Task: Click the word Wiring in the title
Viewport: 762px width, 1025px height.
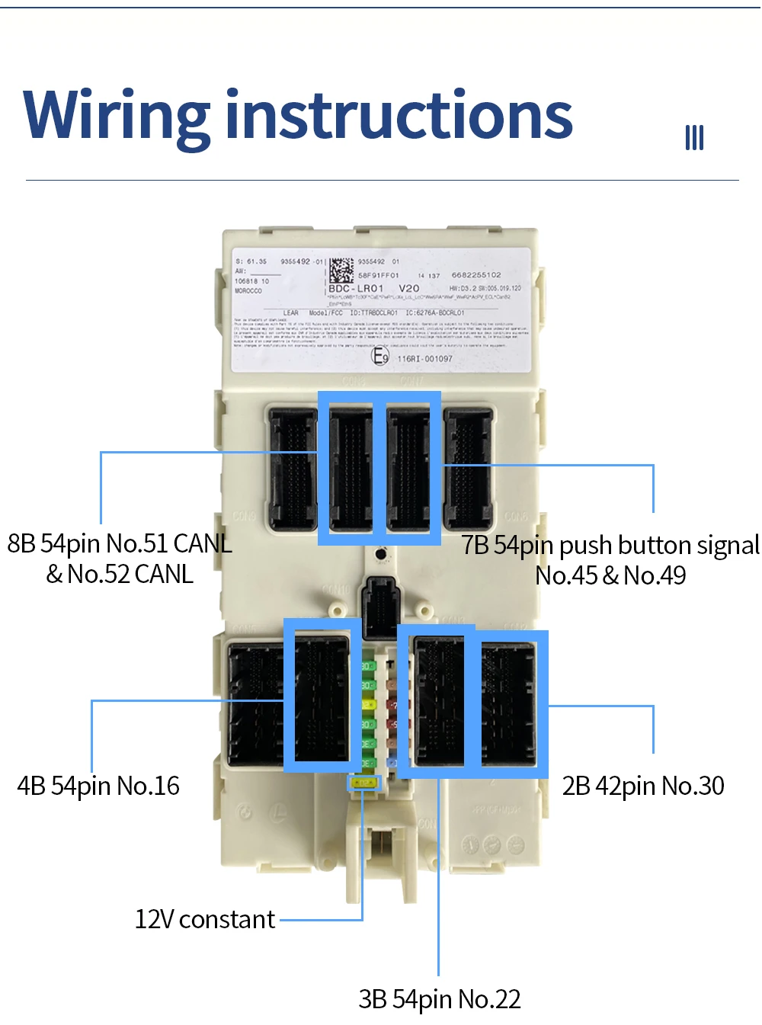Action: pos(117,116)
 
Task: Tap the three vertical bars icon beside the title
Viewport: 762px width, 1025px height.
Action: pos(693,138)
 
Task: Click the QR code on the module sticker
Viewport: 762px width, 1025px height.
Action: pos(341,271)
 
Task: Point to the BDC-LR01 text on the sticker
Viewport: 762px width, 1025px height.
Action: pos(356,289)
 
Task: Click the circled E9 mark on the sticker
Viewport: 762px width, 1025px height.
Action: pos(380,356)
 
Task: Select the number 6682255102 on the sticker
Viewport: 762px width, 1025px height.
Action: pos(476,275)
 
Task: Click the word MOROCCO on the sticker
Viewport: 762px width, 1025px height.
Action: pos(248,291)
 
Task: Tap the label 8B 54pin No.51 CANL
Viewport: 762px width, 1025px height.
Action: pos(120,543)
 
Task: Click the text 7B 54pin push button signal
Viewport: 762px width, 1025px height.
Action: pos(610,545)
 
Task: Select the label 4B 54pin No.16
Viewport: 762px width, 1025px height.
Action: pos(98,786)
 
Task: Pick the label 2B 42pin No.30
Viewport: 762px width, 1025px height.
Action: pos(643,786)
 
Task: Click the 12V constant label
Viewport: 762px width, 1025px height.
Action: pos(204,919)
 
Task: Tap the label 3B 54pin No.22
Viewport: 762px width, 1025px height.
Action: pos(440,999)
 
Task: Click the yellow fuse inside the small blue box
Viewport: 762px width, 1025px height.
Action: pos(365,783)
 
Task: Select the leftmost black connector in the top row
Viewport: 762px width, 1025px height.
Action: pos(293,469)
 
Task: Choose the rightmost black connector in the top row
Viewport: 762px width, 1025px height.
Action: pos(469,469)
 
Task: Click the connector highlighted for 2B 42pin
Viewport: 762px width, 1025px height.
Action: pos(508,703)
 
